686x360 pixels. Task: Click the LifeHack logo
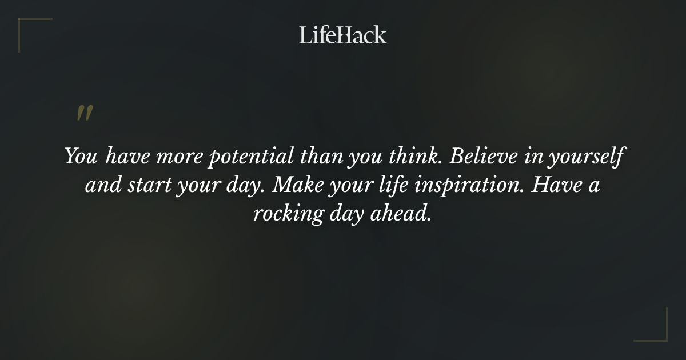[343, 35]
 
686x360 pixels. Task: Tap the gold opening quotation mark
[85, 113]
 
